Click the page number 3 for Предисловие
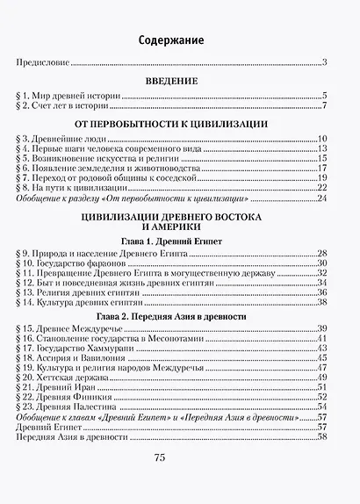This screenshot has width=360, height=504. point(324,61)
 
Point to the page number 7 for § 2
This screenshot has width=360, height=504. point(324,107)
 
